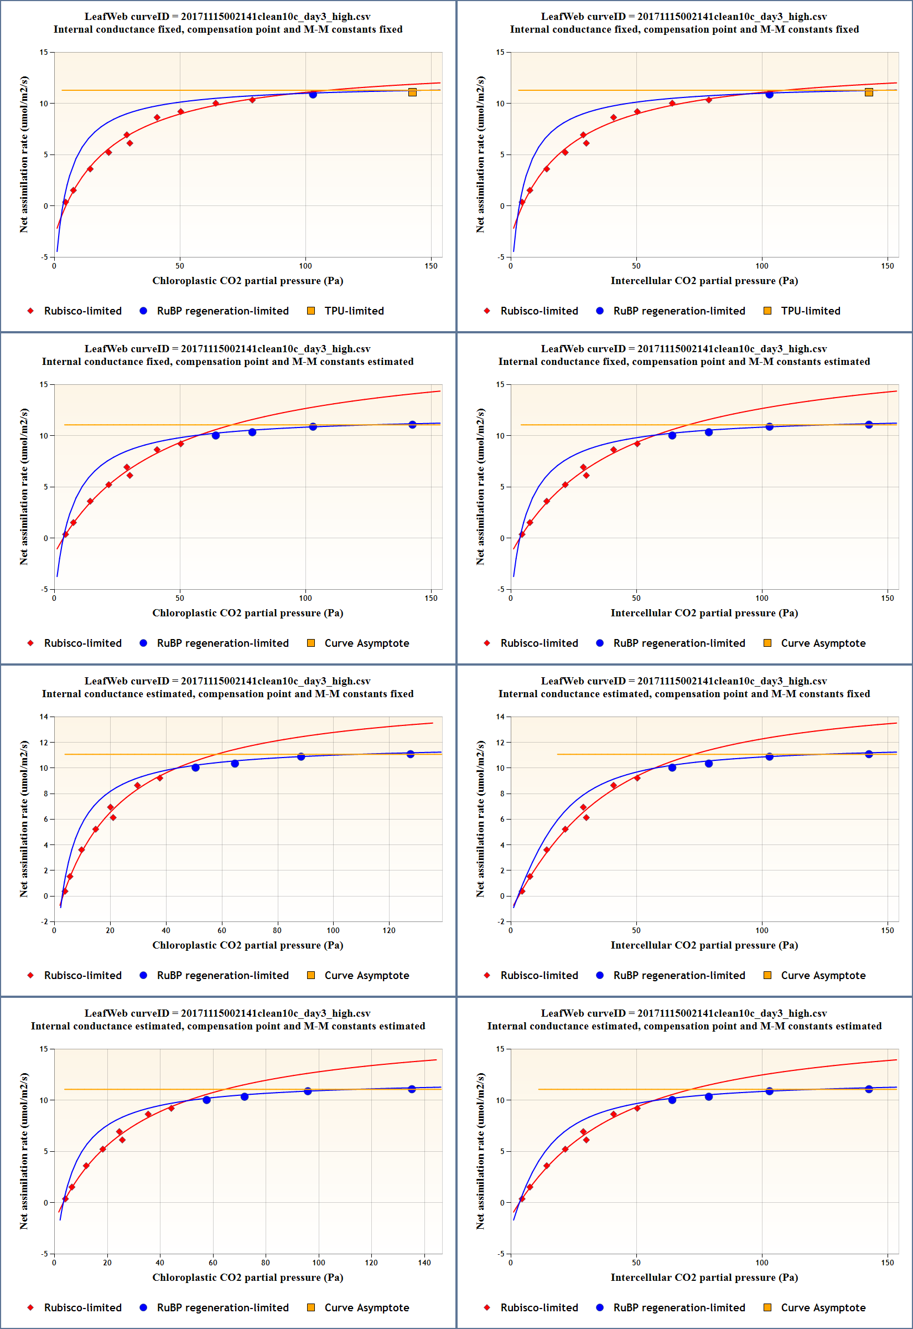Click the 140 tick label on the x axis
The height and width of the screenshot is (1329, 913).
point(424,1262)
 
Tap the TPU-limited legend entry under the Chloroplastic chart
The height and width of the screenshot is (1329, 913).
point(345,311)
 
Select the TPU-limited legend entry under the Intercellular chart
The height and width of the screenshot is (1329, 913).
point(802,311)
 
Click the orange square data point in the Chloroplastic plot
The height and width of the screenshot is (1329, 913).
point(412,92)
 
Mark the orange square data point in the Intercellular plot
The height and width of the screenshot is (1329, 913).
point(869,92)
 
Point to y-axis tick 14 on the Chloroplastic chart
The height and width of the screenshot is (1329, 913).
point(44,717)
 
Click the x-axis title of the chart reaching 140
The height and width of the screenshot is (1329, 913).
point(248,1277)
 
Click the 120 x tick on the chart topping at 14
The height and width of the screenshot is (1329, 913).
point(389,930)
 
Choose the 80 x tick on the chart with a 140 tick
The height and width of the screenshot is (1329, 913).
point(266,1262)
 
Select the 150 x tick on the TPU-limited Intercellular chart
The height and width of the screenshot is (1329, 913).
point(887,266)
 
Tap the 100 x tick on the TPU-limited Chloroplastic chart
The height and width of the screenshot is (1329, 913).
point(305,266)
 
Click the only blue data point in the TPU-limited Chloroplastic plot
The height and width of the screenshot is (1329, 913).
point(313,95)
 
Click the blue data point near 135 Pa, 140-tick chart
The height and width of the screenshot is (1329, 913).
point(412,1089)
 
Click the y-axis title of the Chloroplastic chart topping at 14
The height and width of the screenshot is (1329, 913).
point(23,818)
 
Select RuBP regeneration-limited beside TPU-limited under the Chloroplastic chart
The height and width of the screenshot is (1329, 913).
point(214,311)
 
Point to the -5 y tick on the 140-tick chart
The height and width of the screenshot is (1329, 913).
point(44,1254)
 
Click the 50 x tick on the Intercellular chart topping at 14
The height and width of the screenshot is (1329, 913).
point(636,930)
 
